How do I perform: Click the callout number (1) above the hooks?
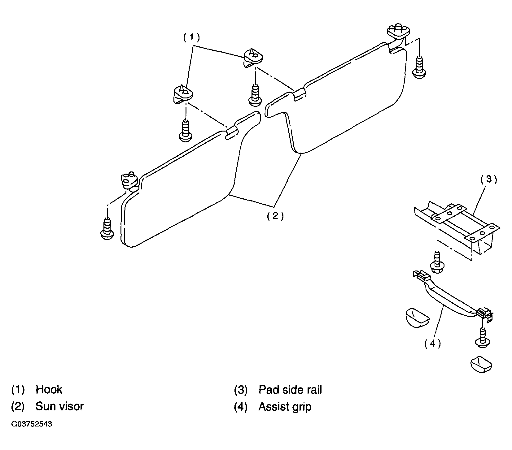click(191, 38)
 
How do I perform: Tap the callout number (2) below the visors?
click(275, 216)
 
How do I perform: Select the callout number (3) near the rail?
click(488, 180)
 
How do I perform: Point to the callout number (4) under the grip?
click(432, 344)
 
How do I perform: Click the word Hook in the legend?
click(49, 389)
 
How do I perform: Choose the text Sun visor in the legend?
click(59, 406)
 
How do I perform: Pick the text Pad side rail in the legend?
click(290, 389)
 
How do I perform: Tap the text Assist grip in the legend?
click(285, 407)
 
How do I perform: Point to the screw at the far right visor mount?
click(419, 67)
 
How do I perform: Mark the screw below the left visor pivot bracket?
click(107, 228)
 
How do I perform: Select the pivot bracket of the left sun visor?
click(129, 183)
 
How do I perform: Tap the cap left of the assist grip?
click(417, 318)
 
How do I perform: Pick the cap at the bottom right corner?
click(481, 363)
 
